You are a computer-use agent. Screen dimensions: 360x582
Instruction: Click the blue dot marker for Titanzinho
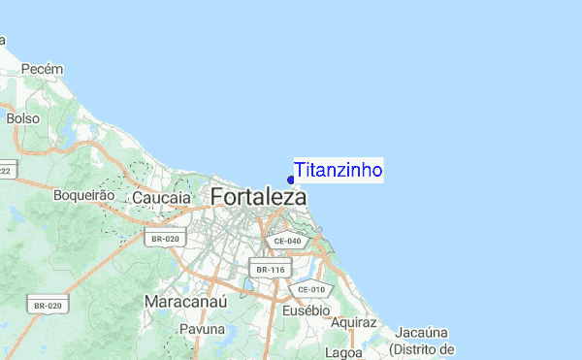pyautogui.click(x=291, y=179)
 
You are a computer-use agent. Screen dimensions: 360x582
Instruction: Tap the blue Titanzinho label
pyautogui.click(x=339, y=170)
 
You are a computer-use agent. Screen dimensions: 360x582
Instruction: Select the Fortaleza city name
pyautogui.click(x=258, y=197)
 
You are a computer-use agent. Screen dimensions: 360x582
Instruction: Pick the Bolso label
pyautogui.click(x=22, y=118)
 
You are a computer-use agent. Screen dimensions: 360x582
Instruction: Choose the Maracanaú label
pyautogui.click(x=184, y=301)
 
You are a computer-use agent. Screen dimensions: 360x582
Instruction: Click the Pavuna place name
pyautogui.click(x=202, y=330)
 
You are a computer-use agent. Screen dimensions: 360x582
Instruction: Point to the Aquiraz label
pyautogui.click(x=352, y=321)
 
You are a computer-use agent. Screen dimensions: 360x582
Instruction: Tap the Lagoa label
pyautogui.click(x=344, y=352)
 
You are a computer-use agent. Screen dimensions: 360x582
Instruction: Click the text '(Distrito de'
pyautogui.click(x=422, y=348)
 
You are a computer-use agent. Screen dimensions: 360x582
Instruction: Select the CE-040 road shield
pyautogui.click(x=289, y=241)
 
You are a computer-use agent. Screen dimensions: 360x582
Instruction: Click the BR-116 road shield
pyautogui.click(x=271, y=269)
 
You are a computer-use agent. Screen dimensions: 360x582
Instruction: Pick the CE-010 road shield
pyautogui.click(x=311, y=288)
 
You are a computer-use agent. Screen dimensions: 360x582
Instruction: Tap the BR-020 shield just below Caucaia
pyautogui.click(x=163, y=238)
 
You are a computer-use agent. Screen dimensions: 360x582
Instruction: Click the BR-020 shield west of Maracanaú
pyautogui.click(x=48, y=306)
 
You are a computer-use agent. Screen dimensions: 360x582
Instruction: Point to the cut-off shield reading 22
pyautogui.click(x=6, y=171)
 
